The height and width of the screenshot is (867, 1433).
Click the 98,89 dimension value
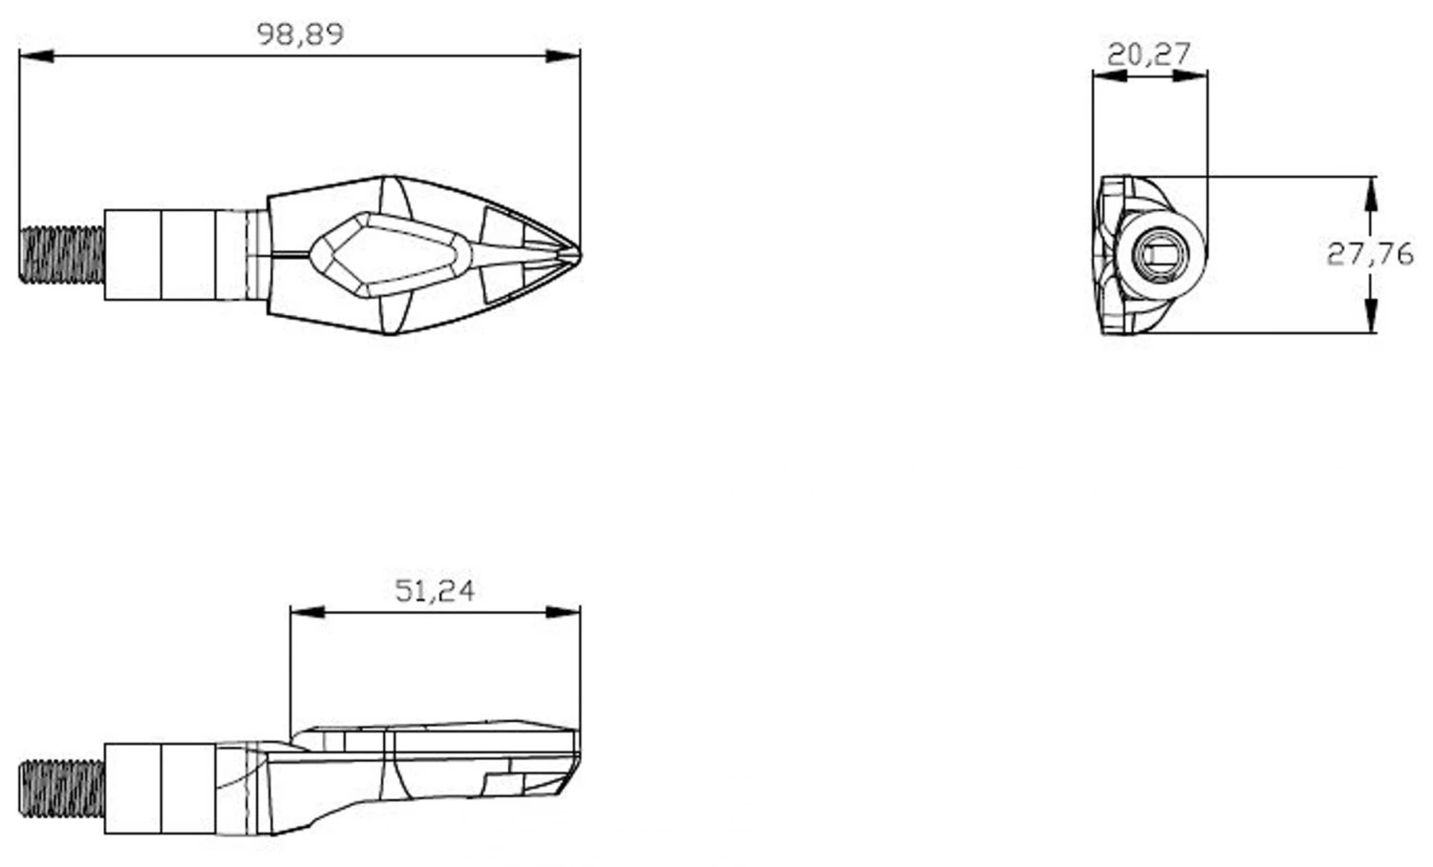(x=300, y=34)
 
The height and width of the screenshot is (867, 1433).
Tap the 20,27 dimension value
(x=1149, y=54)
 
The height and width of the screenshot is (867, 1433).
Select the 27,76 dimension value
(x=1370, y=255)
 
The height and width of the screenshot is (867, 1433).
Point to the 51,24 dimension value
(x=435, y=591)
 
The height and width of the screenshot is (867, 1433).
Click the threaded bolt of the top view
(x=62, y=255)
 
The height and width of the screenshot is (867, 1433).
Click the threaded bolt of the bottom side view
(x=62, y=789)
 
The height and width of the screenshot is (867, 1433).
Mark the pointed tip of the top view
(x=580, y=255)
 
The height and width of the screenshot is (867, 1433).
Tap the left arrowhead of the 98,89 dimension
(x=36, y=56)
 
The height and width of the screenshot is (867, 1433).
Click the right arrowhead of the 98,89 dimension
(x=563, y=56)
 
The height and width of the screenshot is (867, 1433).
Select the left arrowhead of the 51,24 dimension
(x=308, y=612)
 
